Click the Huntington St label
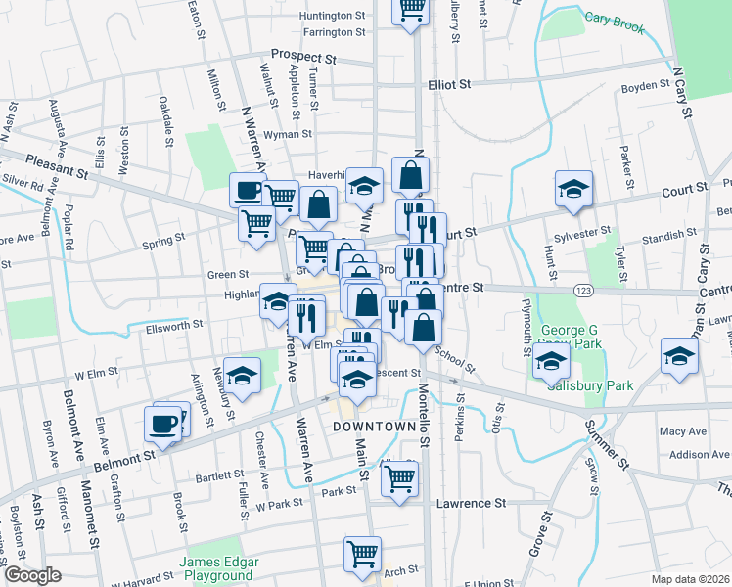tap(333, 16)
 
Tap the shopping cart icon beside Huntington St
tap(412, 10)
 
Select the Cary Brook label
tap(615, 22)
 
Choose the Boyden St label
tap(644, 87)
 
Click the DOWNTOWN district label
tap(375, 428)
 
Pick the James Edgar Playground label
tap(218, 568)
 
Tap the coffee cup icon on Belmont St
tap(163, 424)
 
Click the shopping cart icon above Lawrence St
tap(399, 479)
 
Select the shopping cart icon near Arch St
tap(362, 553)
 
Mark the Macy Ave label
tap(683, 431)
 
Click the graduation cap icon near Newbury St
tap(241, 375)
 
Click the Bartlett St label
tap(218, 476)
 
